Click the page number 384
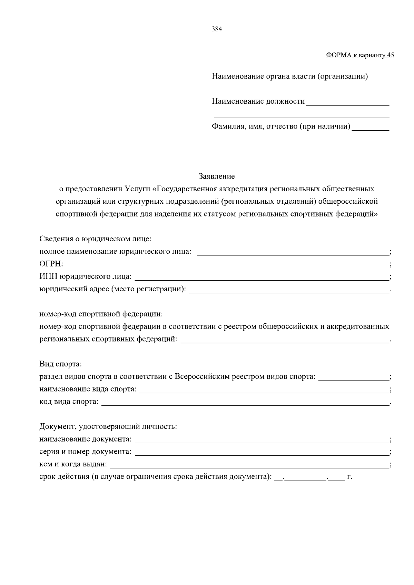[217, 29]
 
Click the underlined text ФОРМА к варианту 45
[360, 55]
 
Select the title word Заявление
[217, 176]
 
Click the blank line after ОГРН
[228, 265]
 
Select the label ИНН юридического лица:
[86, 276]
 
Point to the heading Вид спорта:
[61, 364]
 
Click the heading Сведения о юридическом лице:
[96, 239]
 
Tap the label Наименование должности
[258, 101]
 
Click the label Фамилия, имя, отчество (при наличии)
[281, 127]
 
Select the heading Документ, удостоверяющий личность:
[108, 427]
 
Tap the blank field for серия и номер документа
[262, 452]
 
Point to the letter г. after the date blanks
[349, 477]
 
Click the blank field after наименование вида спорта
[263, 390]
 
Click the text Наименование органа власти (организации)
[290, 76]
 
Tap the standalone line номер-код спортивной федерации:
[101, 314]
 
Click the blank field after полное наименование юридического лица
[293, 252]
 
